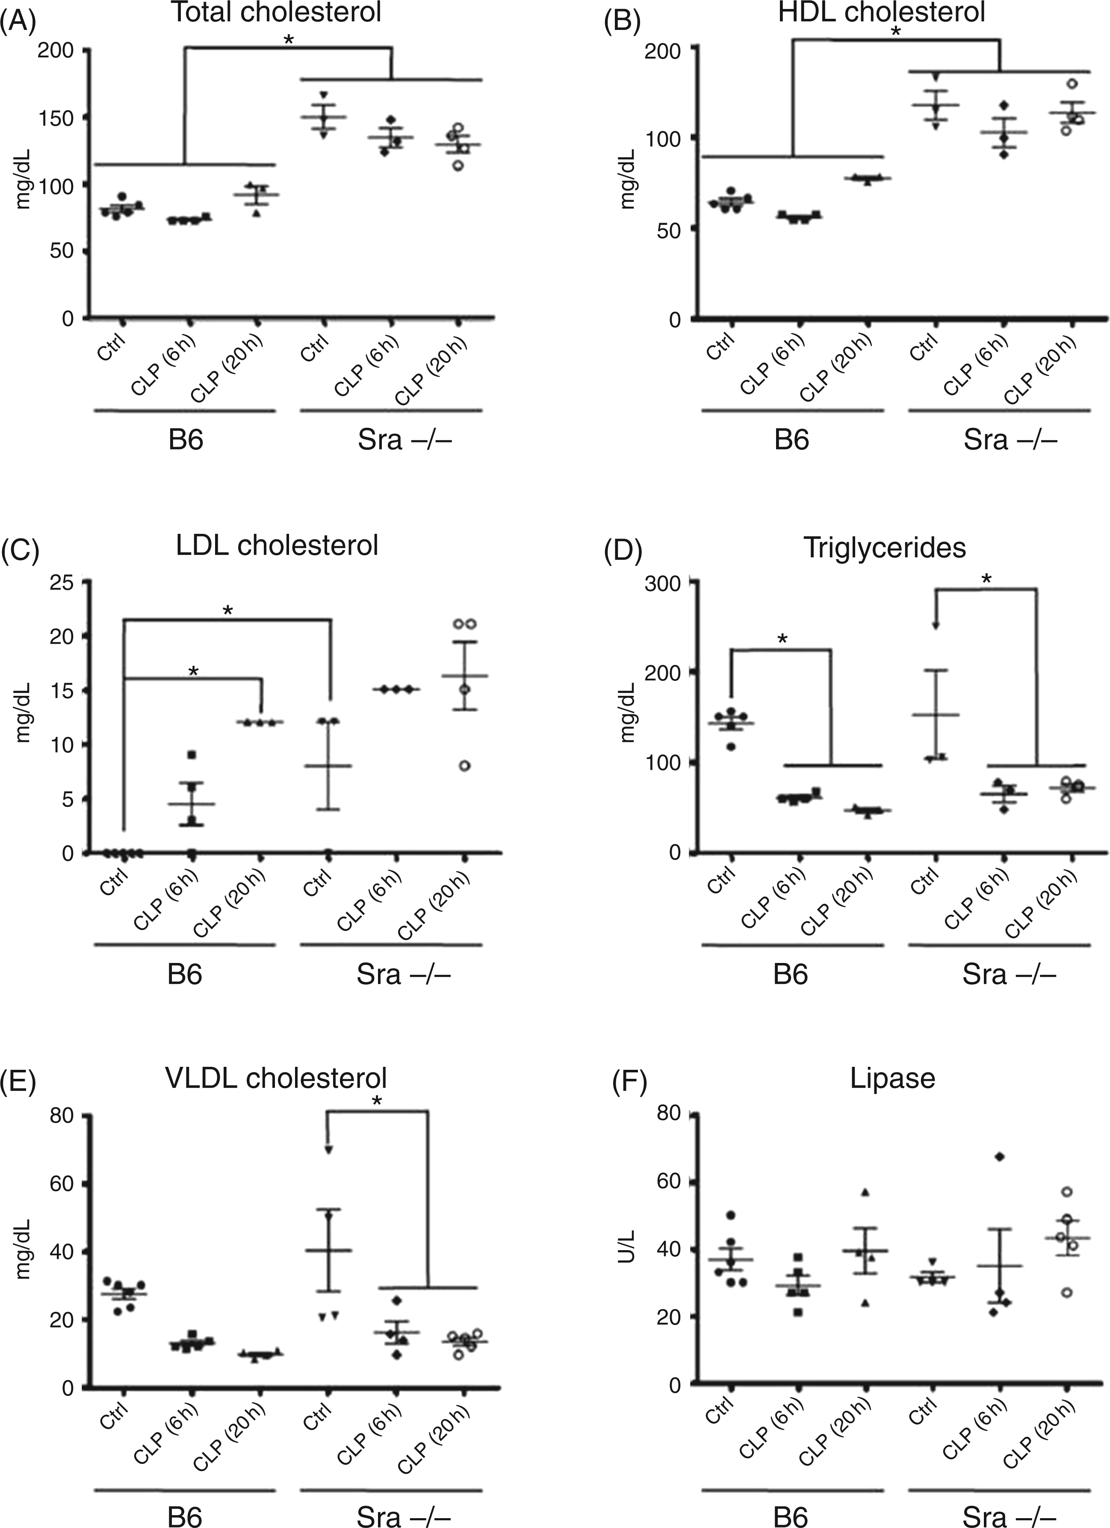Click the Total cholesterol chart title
point(276,14)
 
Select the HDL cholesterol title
point(882,14)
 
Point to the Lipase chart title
point(892,1079)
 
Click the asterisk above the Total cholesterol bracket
point(289,41)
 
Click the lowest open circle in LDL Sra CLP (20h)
point(464,765)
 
